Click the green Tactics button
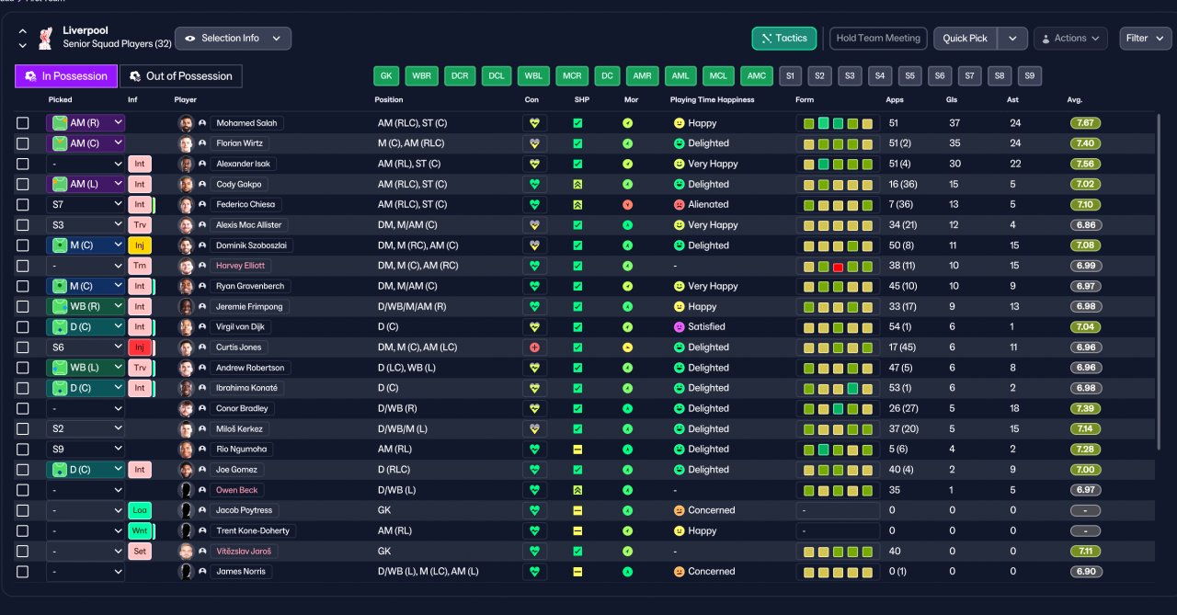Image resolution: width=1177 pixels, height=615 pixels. (x=784, y=39)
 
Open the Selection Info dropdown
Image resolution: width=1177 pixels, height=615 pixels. (x=233, y=39)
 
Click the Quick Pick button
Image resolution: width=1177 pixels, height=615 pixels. (x=965, y=39)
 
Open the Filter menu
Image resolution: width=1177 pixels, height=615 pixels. (x=1145, y=39)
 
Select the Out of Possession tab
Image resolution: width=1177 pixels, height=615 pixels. (x=181, y=76)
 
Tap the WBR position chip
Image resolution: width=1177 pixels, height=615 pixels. (x=421, y=75)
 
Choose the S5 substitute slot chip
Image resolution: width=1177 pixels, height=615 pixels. (x=909, y=75)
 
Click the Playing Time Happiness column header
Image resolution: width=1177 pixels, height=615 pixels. (x=712, y=99)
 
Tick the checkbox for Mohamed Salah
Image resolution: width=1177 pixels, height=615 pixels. (x=23, y=123)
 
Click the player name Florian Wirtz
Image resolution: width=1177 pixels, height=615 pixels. (x=240, y=142)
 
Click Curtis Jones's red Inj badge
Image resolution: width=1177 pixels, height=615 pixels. (x=140, y=347)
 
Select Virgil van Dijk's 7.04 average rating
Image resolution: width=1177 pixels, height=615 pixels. (x=1085, y=326)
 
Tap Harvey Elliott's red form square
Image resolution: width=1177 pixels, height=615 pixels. (x=838, y=268)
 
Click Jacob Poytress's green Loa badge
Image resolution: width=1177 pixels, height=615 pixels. (x=140, y=510)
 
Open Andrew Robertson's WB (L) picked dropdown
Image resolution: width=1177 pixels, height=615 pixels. (x=86, y=368)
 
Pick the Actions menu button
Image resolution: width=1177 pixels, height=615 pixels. (x=1071, y=39)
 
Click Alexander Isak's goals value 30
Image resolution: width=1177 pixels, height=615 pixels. (x=954, y=164)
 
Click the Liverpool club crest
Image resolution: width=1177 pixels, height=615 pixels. (x=46, y=39)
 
